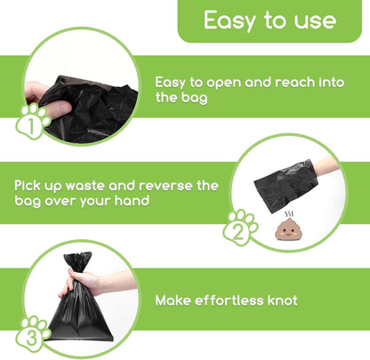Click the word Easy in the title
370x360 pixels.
coord(228,20)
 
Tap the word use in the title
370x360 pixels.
coord(315,20)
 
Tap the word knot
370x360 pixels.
coord(278,300)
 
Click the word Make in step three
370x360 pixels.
coord(173,300)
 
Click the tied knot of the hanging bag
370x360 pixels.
coord(77,262)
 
